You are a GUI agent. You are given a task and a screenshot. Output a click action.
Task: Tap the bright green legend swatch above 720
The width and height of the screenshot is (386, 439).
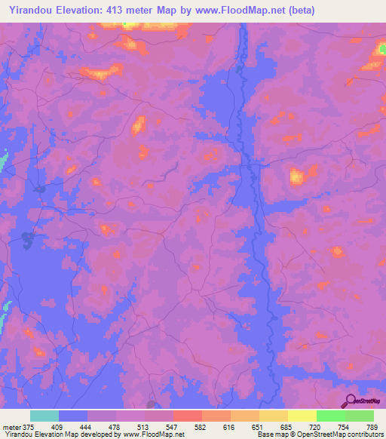pos(330,416)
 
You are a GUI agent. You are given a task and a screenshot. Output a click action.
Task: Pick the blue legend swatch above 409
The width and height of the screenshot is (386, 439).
pos(72,416)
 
